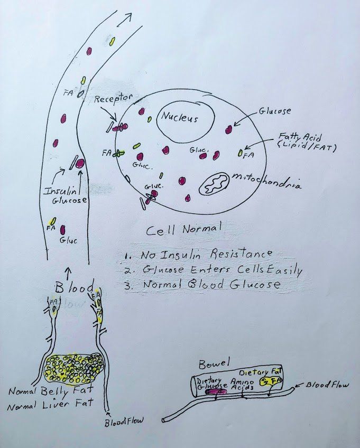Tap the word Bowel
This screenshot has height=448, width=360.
[x=211, y=365]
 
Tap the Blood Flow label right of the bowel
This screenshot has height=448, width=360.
[x=328, y=385]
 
